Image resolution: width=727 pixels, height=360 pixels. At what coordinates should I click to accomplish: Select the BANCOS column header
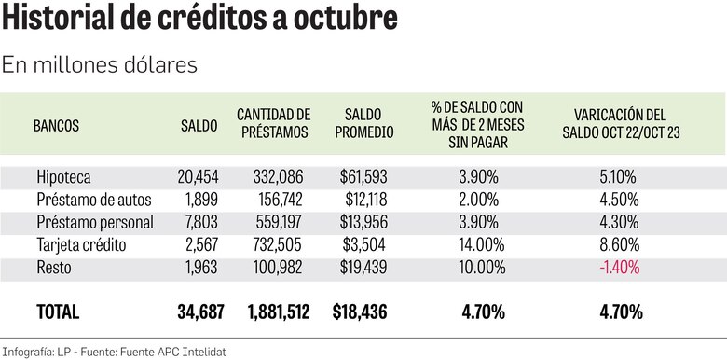point(56,124)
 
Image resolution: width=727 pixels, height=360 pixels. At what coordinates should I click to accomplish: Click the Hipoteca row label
point(64,176)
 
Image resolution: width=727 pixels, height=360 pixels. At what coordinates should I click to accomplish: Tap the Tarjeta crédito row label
point(81,245)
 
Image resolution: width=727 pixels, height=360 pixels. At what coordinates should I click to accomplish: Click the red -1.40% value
point(615,269)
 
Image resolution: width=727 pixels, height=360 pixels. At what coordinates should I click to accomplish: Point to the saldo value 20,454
point(197,176)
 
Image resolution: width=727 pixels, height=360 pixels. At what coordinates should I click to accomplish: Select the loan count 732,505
point(281,245)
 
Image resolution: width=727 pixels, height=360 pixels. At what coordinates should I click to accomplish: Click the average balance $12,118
point(360,199)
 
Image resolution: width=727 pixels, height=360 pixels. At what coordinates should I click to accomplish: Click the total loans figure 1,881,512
point(278,312)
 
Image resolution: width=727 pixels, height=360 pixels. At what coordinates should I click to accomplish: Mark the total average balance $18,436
point(359,312)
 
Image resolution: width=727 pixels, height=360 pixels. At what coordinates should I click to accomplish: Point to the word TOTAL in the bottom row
point(57,312)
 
